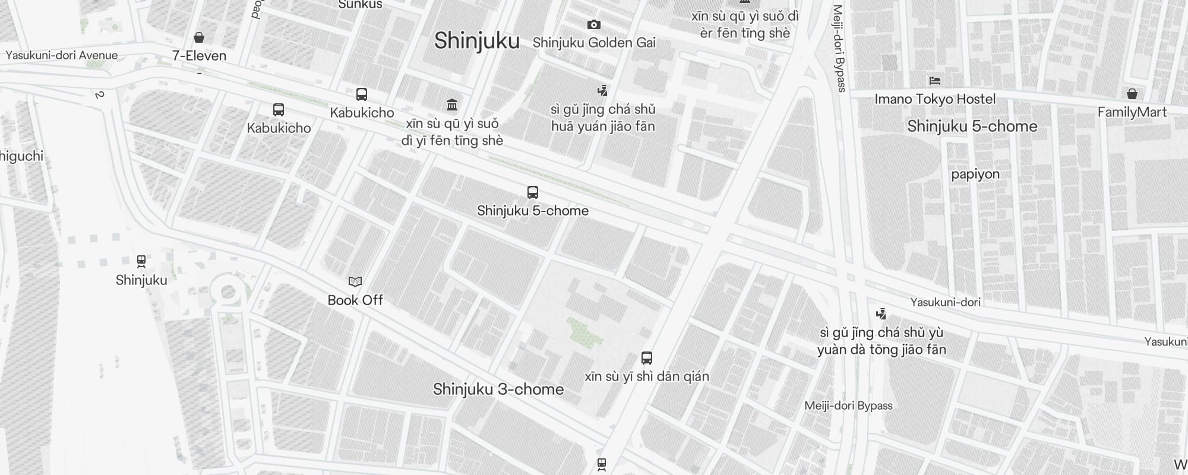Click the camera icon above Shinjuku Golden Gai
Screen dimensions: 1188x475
coord(593,24)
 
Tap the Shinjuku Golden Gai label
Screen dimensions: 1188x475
coord(594,43)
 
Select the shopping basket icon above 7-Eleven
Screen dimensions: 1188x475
coord(199,37)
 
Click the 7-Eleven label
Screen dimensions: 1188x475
coord(199,56)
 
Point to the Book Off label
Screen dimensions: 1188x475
coord(355,300)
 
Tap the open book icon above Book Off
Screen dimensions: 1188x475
coord(355,281)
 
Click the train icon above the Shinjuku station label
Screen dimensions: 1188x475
coord(141,261)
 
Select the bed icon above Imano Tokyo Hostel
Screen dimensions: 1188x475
coord(935,81)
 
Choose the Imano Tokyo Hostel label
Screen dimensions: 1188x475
coord(935,99)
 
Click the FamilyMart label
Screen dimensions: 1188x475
coord(1132,112)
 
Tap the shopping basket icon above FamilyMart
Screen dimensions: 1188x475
coord(1132,94)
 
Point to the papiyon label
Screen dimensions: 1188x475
coord(975,174)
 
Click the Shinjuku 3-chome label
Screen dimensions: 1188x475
coord(498,389)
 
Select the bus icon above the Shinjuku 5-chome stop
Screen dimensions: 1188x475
coord(533,192)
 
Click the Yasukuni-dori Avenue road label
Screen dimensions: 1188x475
coord(62,55)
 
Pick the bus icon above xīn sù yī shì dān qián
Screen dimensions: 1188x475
coord(647,358)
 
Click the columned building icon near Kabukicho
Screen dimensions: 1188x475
coord(452,105)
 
